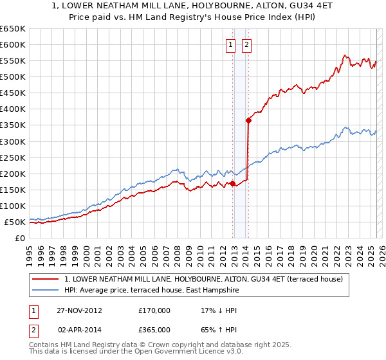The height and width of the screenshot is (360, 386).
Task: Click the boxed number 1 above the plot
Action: [x=230, y=44]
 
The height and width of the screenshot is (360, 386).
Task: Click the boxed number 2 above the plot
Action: [x=246, y=44]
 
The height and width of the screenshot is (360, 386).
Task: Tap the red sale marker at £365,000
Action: [x=248, y=120]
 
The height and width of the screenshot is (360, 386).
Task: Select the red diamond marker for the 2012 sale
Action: [x=232, y=183]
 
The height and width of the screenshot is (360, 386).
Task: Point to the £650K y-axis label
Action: [x=13, y=29]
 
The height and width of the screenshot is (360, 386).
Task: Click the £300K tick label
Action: [x=13, y=141]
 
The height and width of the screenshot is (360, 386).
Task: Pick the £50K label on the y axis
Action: [x=15, y=222]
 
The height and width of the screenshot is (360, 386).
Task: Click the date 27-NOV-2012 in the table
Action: [x=78, y=310]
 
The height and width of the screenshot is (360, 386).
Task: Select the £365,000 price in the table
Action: [x=154, y=329]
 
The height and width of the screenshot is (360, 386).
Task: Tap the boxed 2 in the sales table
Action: [x=32, y=329]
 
